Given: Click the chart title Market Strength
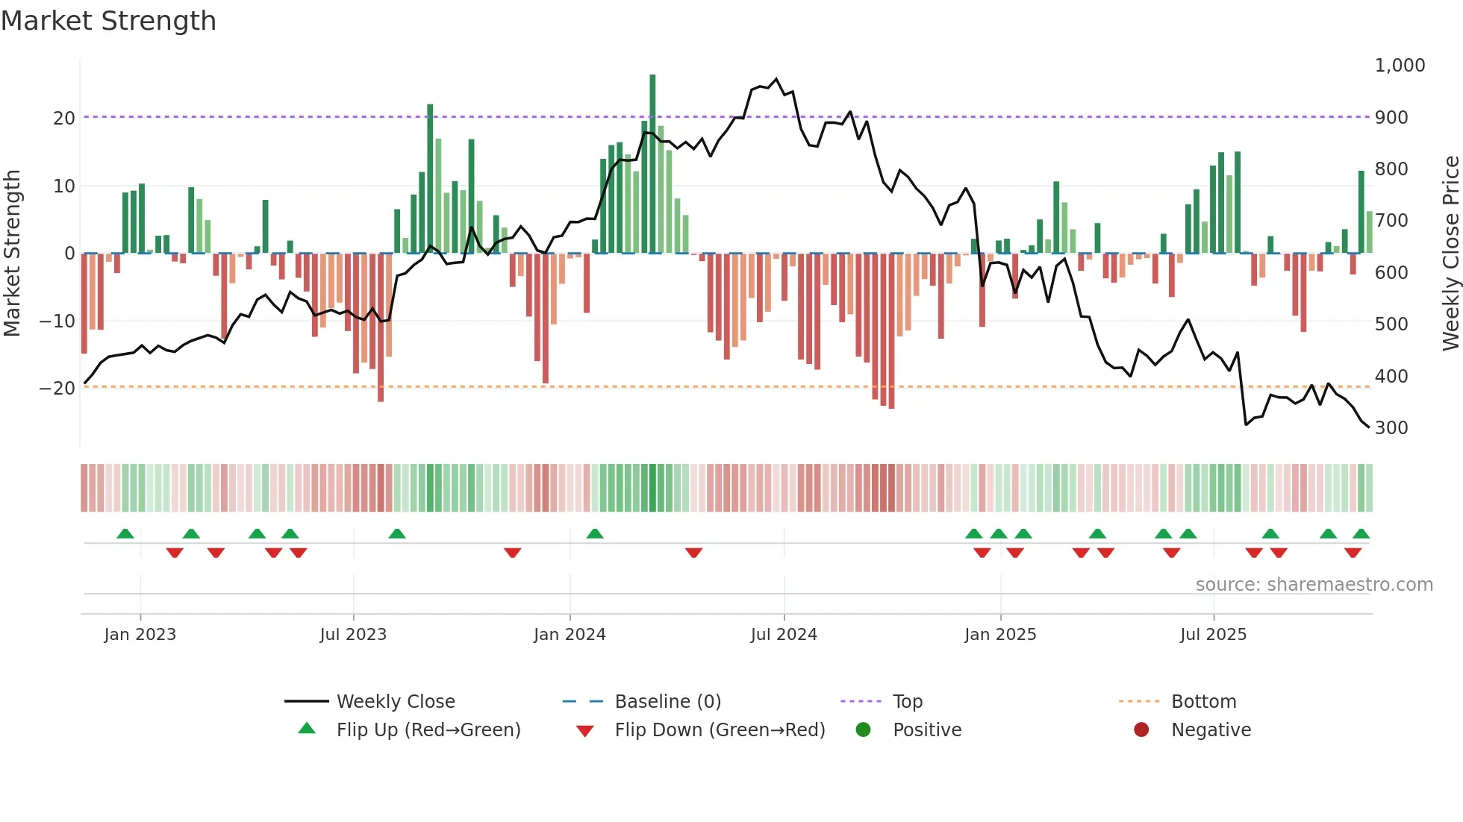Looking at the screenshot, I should [108, 21].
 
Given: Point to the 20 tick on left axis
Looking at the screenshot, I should [64, 118].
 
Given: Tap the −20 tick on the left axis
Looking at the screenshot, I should [57, 389].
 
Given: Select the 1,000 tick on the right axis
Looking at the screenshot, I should [1400, 66].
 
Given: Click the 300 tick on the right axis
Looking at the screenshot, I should [1391, 428].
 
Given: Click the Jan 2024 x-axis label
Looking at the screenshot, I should [570, 635].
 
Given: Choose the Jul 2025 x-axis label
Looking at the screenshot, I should [1213, 635].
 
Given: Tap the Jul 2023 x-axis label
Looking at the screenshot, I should [353, 635].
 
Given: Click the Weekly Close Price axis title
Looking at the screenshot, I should [1450, 254].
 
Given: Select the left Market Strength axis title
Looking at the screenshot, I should [12, 254].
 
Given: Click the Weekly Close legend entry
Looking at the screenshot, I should [395, 702].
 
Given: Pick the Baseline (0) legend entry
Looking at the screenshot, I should [667, 702].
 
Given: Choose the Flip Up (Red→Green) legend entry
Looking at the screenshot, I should [428, 730].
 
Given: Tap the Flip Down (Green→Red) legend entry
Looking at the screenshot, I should [720, 730].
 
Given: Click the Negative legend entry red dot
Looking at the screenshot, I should [1141, 730].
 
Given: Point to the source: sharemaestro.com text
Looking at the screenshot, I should [1314, 585].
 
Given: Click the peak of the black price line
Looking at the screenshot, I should [776, 79].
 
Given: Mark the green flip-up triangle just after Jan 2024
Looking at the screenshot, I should [595, 534].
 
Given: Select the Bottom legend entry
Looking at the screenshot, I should [1203, 702].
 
